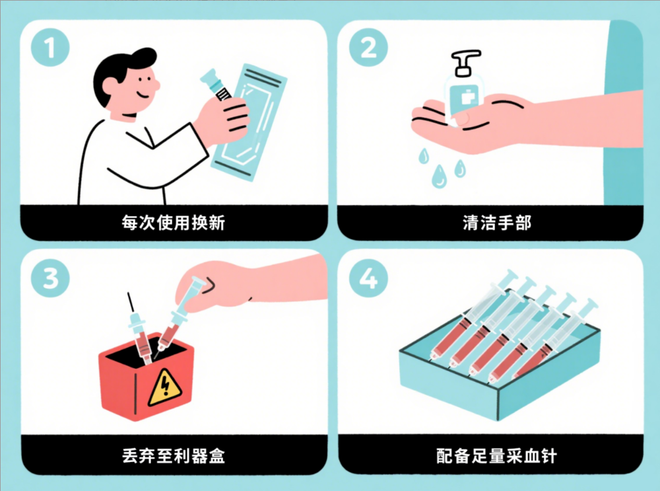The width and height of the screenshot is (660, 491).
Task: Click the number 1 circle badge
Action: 50,47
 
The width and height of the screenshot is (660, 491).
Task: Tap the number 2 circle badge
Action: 368,47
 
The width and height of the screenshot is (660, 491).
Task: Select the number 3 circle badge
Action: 50,278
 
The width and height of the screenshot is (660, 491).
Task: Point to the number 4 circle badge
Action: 368,278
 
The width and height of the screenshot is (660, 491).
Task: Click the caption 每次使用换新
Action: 174,223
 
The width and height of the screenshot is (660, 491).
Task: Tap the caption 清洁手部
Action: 497,223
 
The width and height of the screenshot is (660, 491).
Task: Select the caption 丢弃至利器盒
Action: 174,455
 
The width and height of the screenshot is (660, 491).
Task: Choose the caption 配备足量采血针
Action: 497,455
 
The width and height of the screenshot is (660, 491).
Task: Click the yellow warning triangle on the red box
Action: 164,389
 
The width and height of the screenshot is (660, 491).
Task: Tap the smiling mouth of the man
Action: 143,94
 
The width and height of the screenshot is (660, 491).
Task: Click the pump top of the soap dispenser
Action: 465,62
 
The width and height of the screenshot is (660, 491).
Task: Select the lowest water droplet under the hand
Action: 439,176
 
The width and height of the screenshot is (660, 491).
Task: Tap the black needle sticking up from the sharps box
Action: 131,303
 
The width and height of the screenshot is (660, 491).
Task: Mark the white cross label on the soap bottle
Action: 468,98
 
